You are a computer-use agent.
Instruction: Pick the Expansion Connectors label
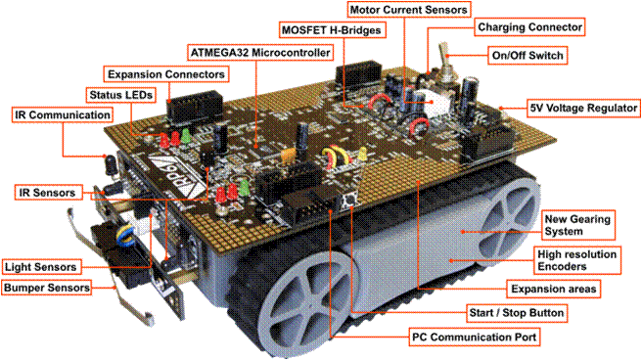(166, 73)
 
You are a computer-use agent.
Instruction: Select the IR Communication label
(62, 114)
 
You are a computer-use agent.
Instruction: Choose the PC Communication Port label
(474, 336)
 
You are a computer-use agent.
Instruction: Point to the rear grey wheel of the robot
(507, 224)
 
